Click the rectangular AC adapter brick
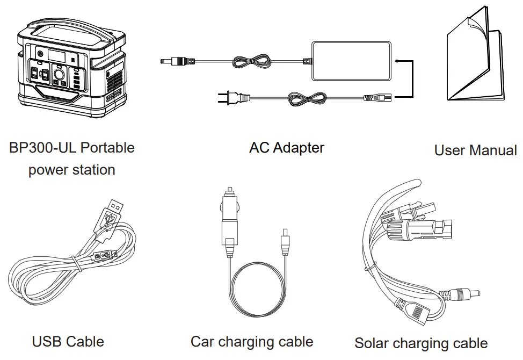tap(348, 61)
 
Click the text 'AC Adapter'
tap(287, 147)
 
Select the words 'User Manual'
tap(475, 150)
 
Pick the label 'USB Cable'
tap(68, 341)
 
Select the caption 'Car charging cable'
tap(252, 341)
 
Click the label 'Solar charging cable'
tap(421, 343)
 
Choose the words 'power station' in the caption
tap(71, 170)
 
